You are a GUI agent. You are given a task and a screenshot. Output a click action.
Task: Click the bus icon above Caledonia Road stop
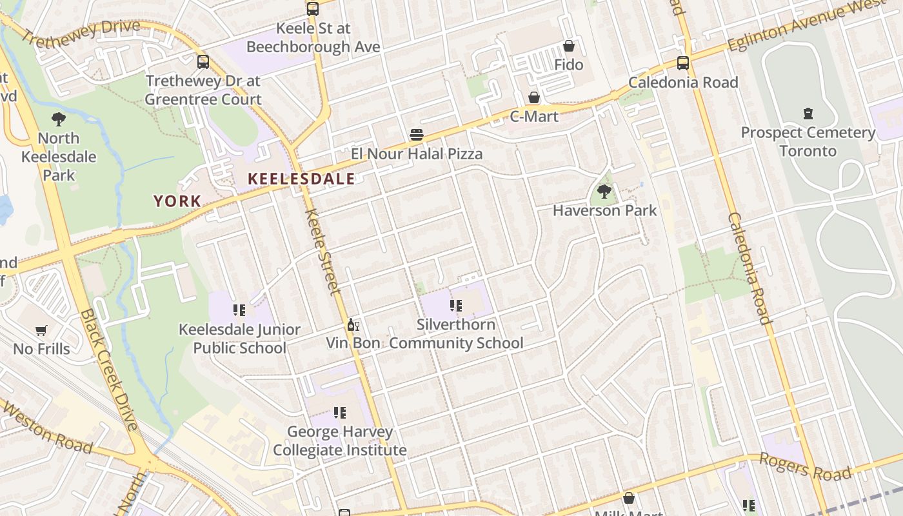coord(682,63)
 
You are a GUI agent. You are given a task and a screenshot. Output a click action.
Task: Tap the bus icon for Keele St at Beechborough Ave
coord(313,9)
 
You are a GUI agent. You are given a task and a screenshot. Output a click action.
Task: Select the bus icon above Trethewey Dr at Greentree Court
coord(203,62)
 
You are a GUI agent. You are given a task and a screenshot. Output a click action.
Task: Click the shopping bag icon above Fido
coord(569,46)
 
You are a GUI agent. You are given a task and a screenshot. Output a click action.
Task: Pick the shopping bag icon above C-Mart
coord(534,97)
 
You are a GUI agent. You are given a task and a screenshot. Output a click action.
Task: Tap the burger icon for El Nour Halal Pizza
coord(417,135)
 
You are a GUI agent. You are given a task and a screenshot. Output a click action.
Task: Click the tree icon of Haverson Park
coord(604,191)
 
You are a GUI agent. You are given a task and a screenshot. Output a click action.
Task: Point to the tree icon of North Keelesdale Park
coord(58,119)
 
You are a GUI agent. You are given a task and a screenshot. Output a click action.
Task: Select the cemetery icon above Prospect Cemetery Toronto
coord(808,114)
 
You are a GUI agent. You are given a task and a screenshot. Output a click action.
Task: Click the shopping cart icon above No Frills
coord(41,330)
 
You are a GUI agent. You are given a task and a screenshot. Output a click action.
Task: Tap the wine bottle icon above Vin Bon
coord(353,324)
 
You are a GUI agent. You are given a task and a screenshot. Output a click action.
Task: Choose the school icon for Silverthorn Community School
coord(456,306)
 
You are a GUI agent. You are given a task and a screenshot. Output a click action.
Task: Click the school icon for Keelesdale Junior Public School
coord(239,310)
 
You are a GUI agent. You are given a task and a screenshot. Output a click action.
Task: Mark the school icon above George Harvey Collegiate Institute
coord(339,412)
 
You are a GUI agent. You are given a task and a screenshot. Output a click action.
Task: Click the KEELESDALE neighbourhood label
coord(301,179)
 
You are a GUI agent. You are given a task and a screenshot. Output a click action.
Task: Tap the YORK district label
coord(177,201)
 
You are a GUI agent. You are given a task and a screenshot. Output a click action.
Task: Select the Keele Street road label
coord(322,252)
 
